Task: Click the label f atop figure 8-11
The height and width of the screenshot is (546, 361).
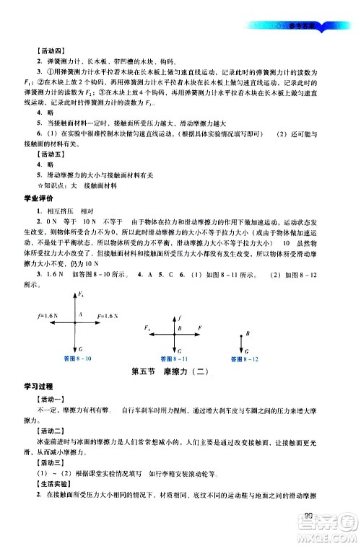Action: [180, 315]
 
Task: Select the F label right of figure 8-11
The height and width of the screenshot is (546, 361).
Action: [199, 327]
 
